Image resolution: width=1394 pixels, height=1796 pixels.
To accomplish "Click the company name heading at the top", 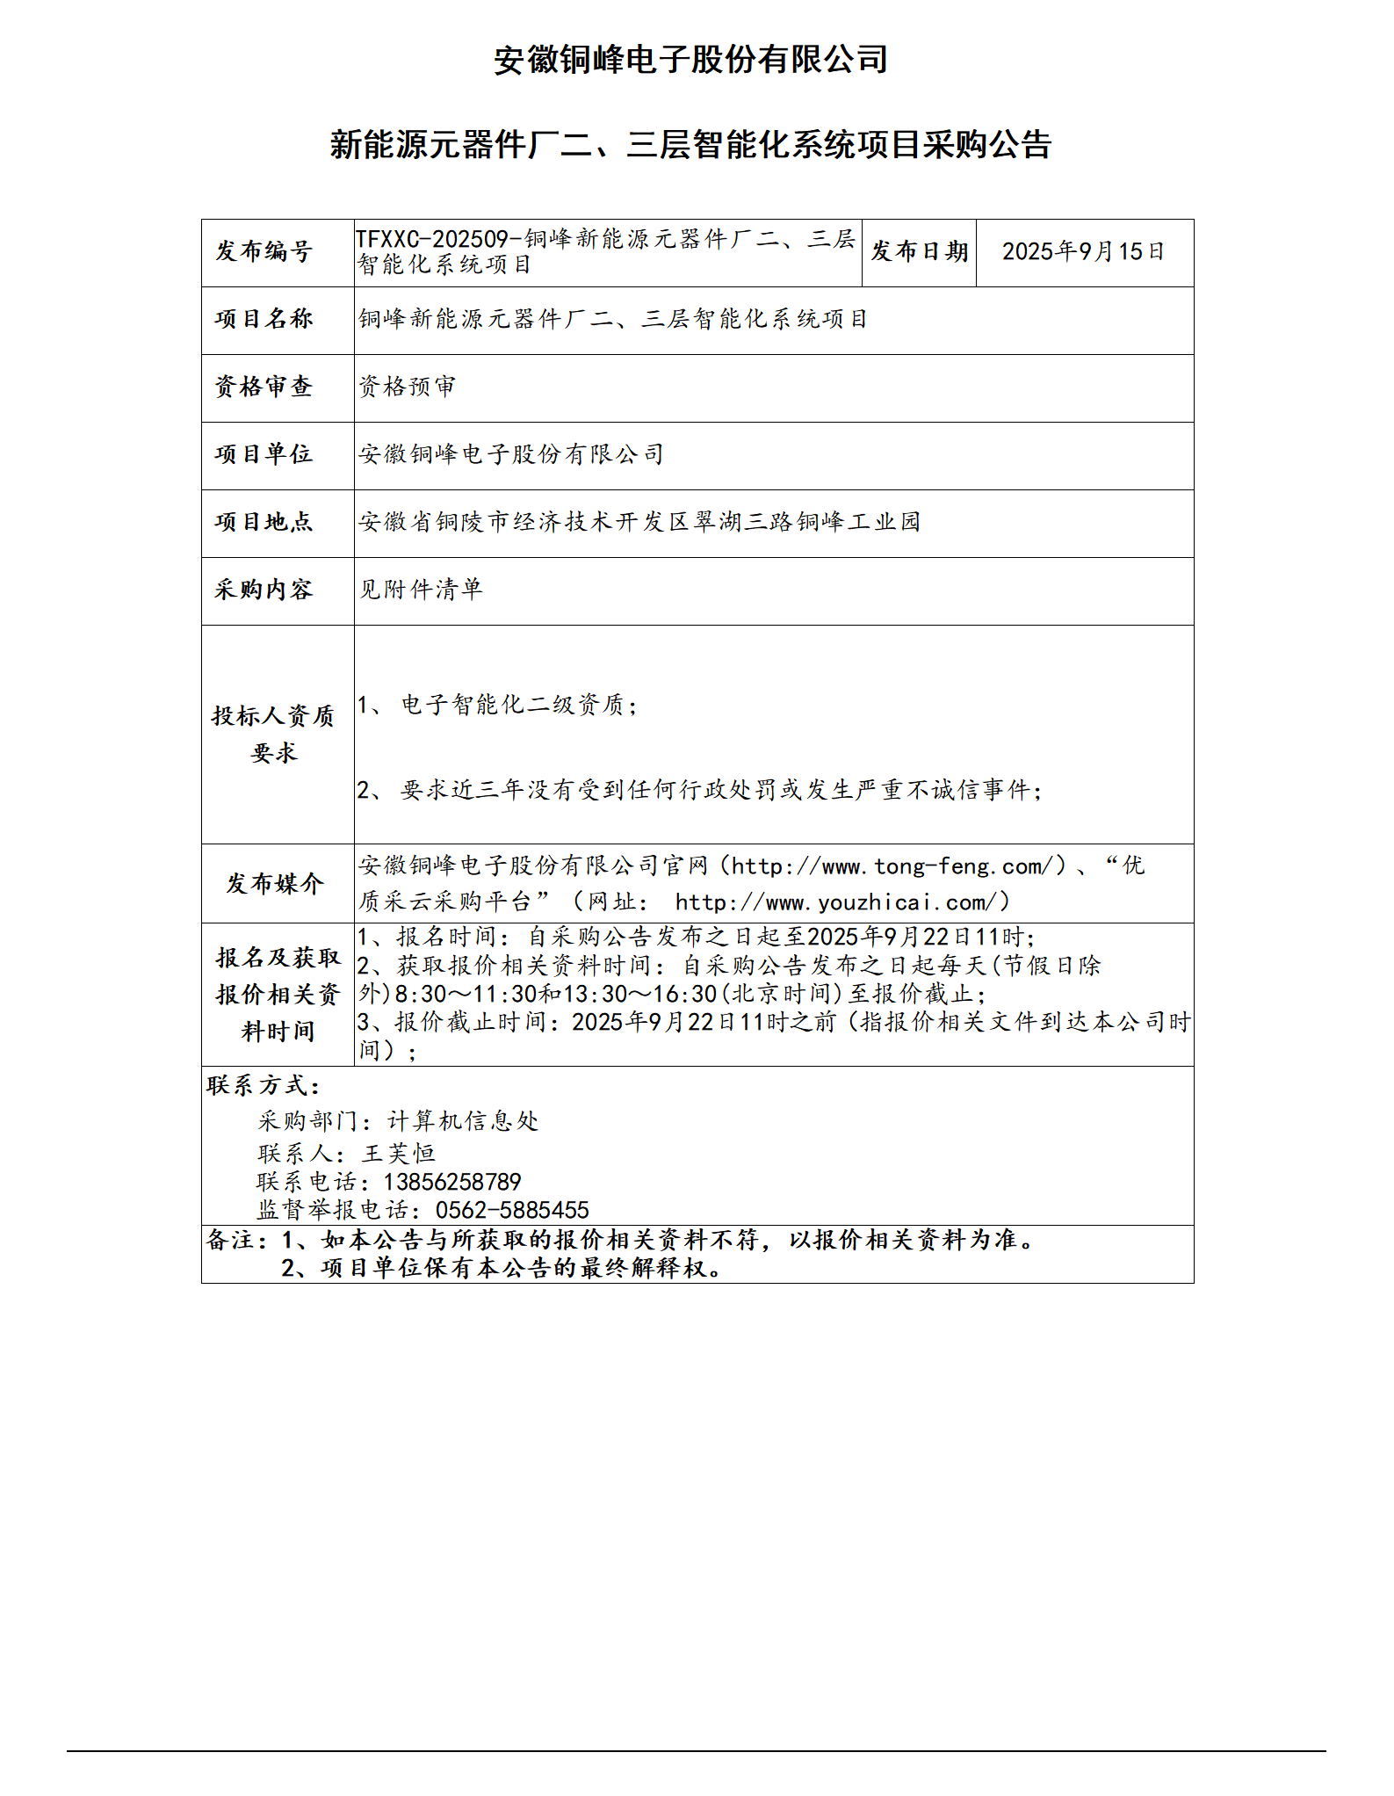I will [690, 60].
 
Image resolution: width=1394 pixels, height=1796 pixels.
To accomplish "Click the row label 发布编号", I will [264, 251].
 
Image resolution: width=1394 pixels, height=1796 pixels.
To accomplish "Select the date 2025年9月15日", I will [1083, 251].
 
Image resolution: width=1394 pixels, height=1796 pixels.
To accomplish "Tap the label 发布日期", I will [919, 251].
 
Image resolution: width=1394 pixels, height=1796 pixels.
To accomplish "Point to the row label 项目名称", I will [264, 319].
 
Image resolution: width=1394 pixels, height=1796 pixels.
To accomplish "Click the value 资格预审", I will [407, 387].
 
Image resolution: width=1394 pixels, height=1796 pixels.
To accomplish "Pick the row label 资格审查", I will [264, 387].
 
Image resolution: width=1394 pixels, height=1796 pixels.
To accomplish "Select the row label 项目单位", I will [264, 454].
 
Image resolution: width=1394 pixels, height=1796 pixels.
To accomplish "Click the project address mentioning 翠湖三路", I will [639, 522].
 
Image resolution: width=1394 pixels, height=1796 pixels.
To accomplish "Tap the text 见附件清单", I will [420, 590].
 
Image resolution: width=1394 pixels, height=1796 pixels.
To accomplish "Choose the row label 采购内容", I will [264, 590].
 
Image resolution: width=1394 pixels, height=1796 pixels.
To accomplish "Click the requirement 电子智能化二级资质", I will [514, 705].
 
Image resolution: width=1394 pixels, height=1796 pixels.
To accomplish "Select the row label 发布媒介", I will [275, 883].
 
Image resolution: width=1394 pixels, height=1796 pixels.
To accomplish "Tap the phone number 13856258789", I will [452, 1182].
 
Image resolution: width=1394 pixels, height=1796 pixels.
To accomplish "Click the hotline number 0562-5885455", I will [512, 1210].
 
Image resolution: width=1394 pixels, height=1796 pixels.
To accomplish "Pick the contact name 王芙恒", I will [398, 1153].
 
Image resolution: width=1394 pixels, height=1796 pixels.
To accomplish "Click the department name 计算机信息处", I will [463, 1120].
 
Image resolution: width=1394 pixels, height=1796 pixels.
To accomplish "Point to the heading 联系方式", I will [264, 1085].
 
